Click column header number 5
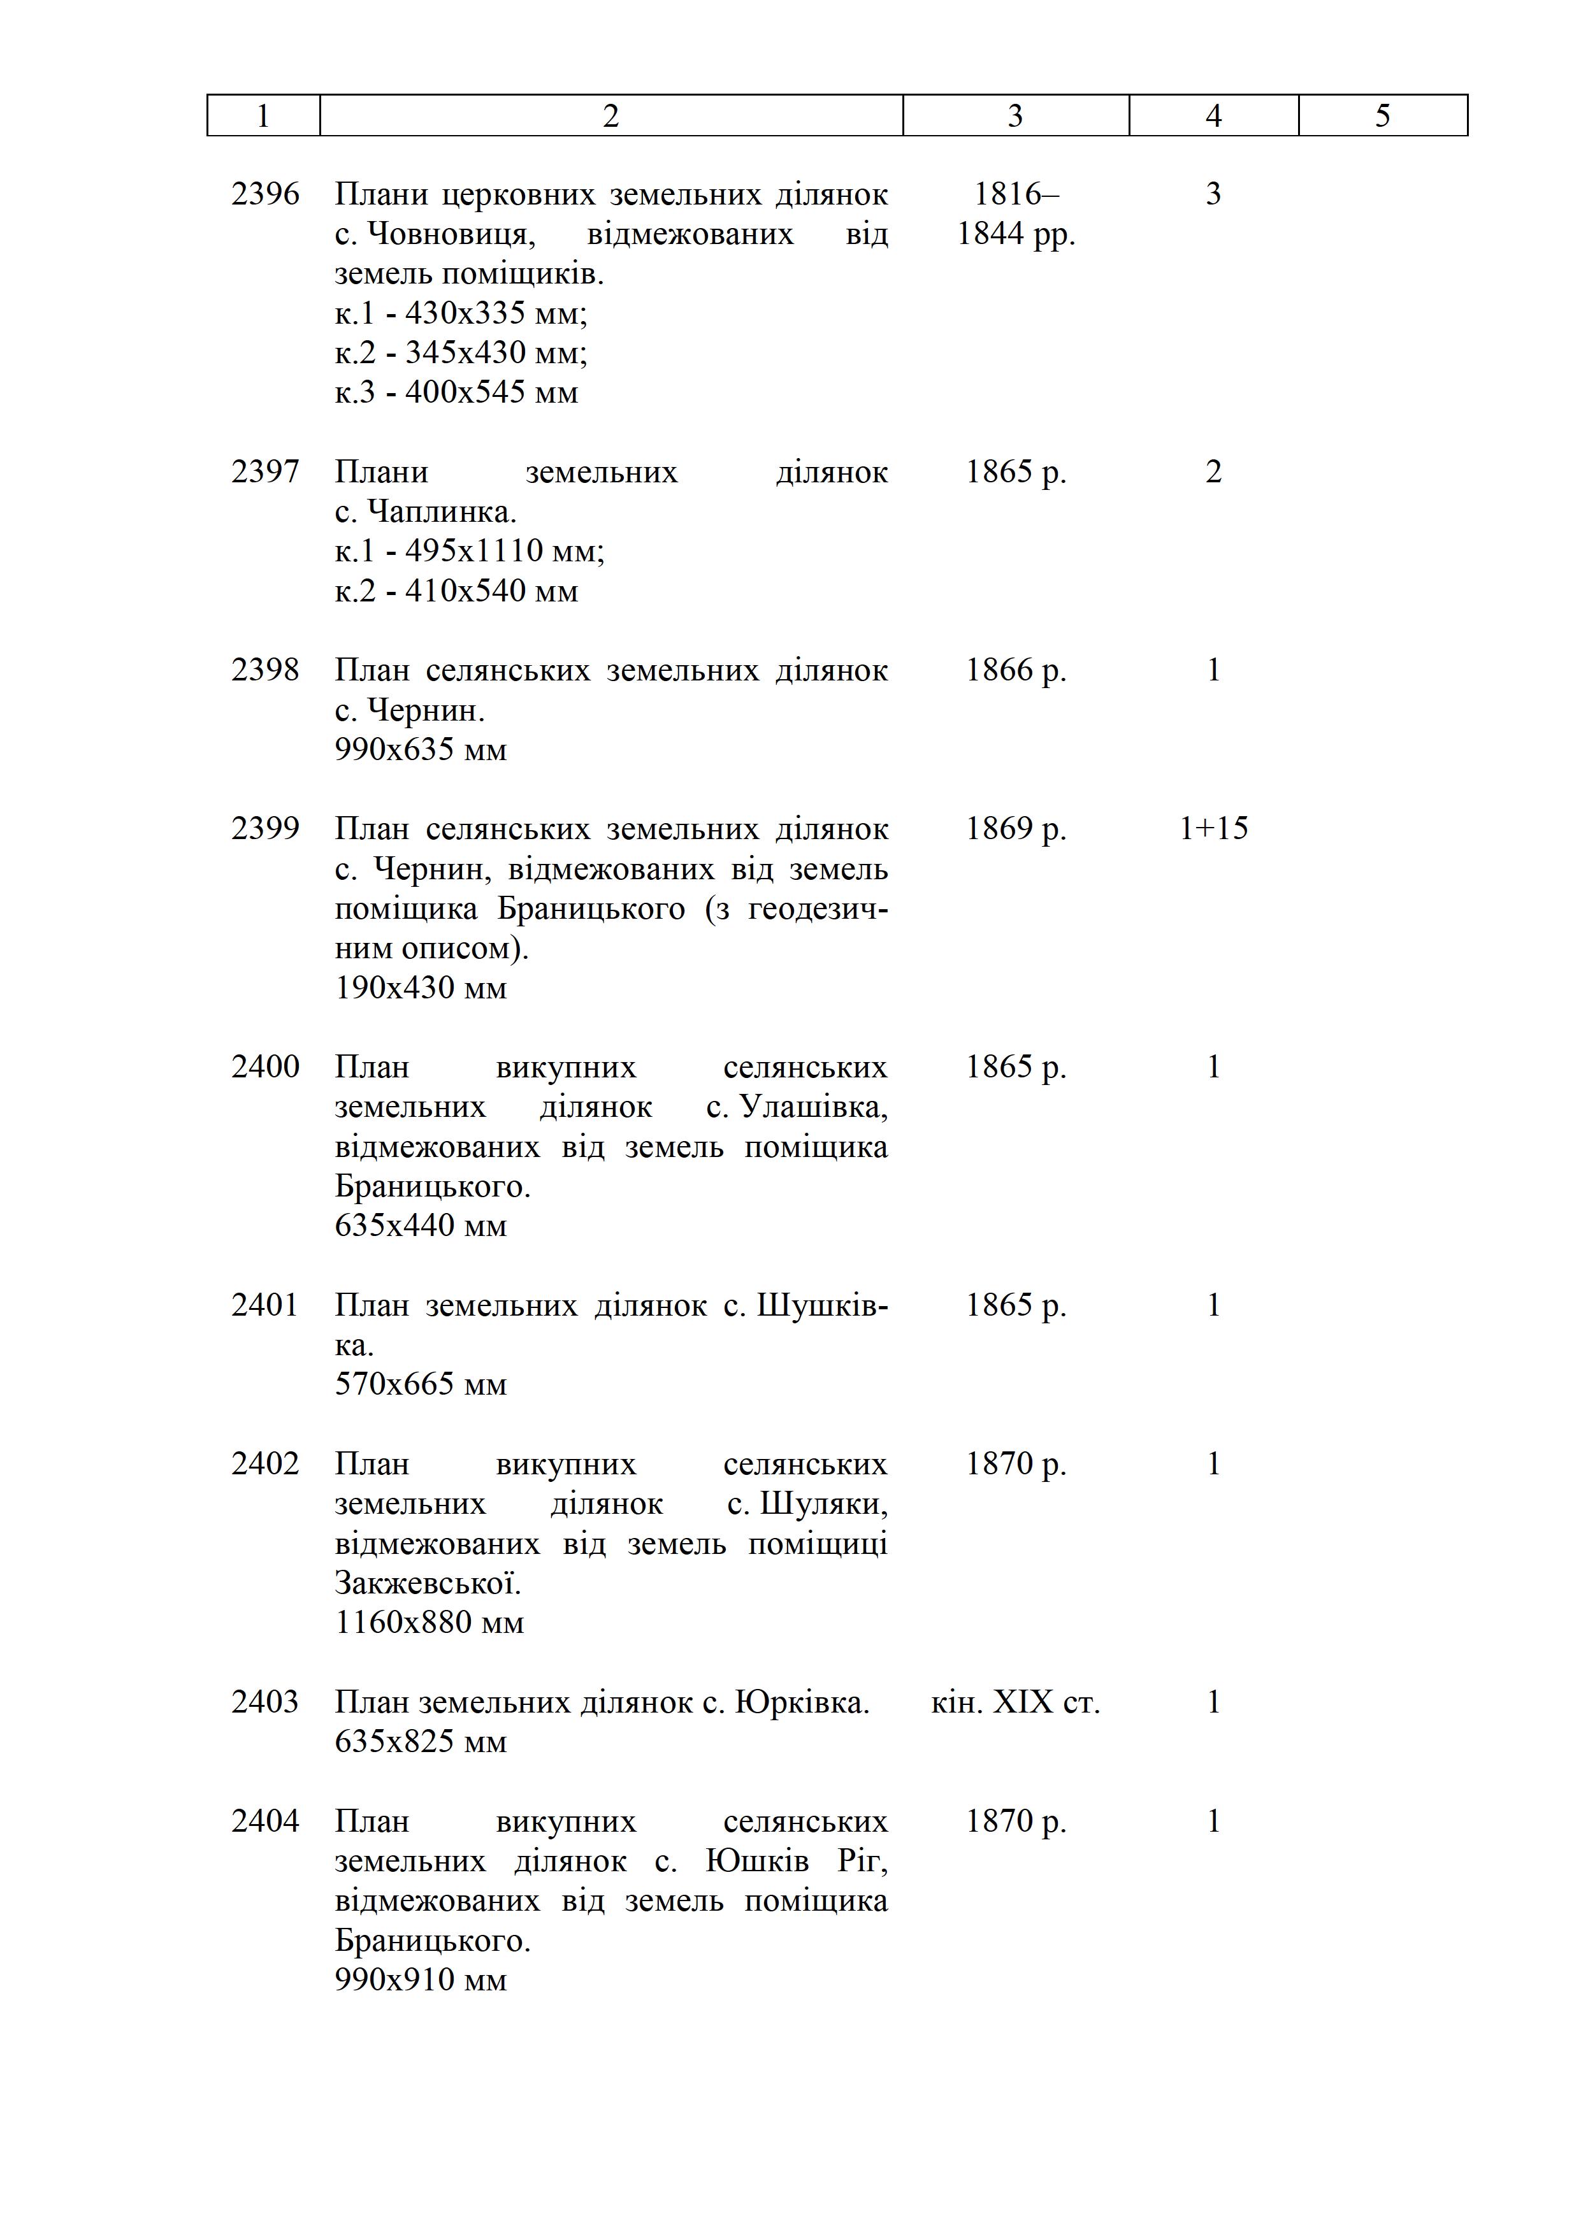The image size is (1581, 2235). point(1382,116)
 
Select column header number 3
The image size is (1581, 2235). point(1015,116)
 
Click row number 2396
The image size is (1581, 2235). point(265,195)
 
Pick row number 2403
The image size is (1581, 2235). point(265,1702)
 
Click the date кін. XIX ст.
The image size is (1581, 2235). point(1015,1702)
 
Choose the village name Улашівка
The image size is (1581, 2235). point(814,1107)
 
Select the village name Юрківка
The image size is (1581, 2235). point(801,1702)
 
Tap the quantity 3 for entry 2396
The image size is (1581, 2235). point(1213,195)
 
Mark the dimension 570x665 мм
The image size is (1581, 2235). point(421,1384)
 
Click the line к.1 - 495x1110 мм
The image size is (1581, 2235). point(469,551)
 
